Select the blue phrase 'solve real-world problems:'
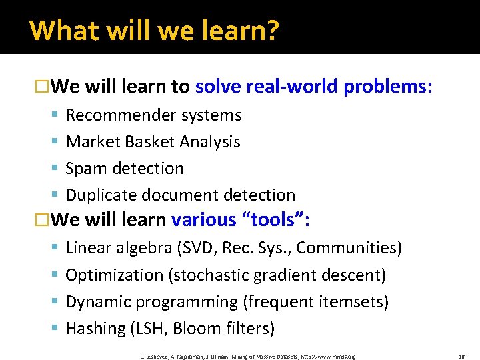click(x=315, y=87)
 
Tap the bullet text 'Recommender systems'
click(x=153, y=115)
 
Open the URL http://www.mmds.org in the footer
click(x=328, y=357)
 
